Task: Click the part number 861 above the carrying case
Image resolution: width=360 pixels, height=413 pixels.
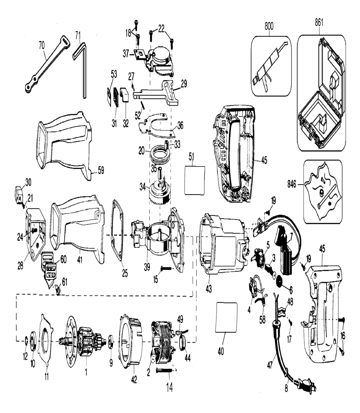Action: [319, 23]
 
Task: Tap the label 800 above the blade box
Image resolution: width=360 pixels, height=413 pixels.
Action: [269, 26]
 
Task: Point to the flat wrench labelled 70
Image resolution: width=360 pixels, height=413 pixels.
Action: [48, 65]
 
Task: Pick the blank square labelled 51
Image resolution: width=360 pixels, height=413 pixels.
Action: [195, 180]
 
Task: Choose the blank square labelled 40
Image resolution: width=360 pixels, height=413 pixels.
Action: [226, 317]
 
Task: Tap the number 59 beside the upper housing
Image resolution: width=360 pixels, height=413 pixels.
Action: [101, 170]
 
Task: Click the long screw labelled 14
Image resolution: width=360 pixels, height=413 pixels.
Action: [164, 370]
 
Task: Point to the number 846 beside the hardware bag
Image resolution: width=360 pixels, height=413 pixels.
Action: [292, 184]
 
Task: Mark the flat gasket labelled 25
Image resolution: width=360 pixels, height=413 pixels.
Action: [118, 230]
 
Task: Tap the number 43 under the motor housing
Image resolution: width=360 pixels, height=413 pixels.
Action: [208, 289]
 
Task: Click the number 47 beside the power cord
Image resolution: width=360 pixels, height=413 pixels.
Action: [270, 365]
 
